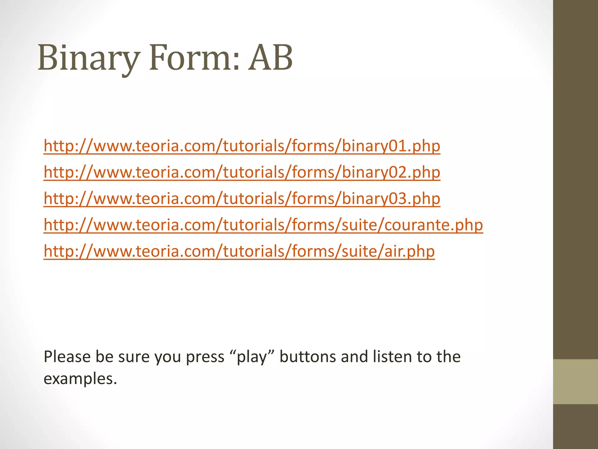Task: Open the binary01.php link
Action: click(x=242, y=146)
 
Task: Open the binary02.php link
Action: click(x=242, y=172)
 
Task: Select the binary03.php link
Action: click(x=242, y=198)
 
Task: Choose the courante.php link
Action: click(x=263, y=225)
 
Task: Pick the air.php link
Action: click(x=239, y=251)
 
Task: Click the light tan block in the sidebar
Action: click(x=576, y=381)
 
